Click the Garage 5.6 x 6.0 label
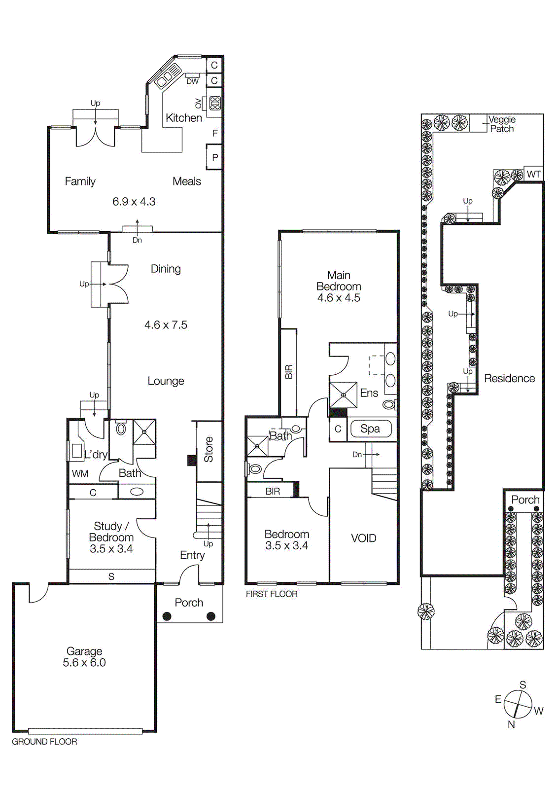(84, 657)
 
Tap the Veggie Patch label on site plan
(502, 124)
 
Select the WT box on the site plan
(534, 174)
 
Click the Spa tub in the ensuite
(371, 429)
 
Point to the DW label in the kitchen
(192, 81)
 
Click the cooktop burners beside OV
(215, 103)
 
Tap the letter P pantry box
(215, 158)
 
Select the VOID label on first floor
(363, 538)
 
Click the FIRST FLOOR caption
(272, 594)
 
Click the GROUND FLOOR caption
(44, 742)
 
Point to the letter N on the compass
(511, 724)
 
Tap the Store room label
(209, 449)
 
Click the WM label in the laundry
(80, 474)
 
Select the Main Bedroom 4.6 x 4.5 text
(339, 287)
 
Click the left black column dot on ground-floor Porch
(167, 616)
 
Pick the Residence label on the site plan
(509, 378)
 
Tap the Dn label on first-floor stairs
(357, 454)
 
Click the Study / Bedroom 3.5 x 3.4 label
(111, 538)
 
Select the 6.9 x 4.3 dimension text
(134, 201)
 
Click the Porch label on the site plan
(525, 500)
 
